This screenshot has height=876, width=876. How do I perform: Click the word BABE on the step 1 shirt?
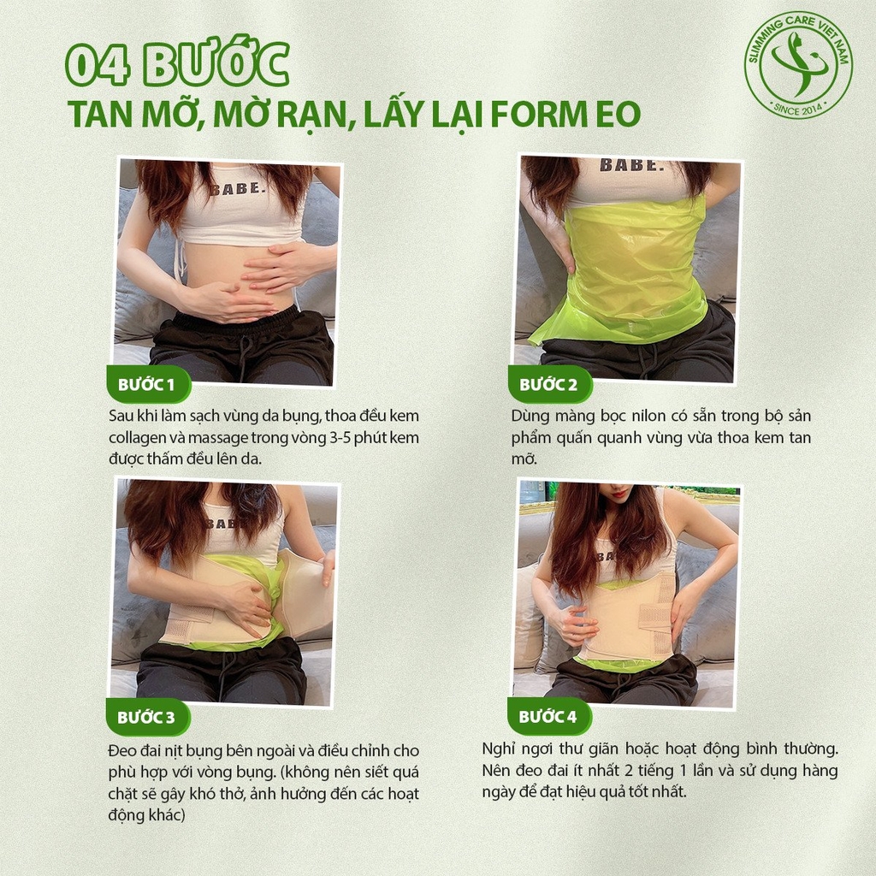234,188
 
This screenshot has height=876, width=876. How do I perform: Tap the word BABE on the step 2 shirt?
631,165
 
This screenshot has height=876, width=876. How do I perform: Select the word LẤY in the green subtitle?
393,114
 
